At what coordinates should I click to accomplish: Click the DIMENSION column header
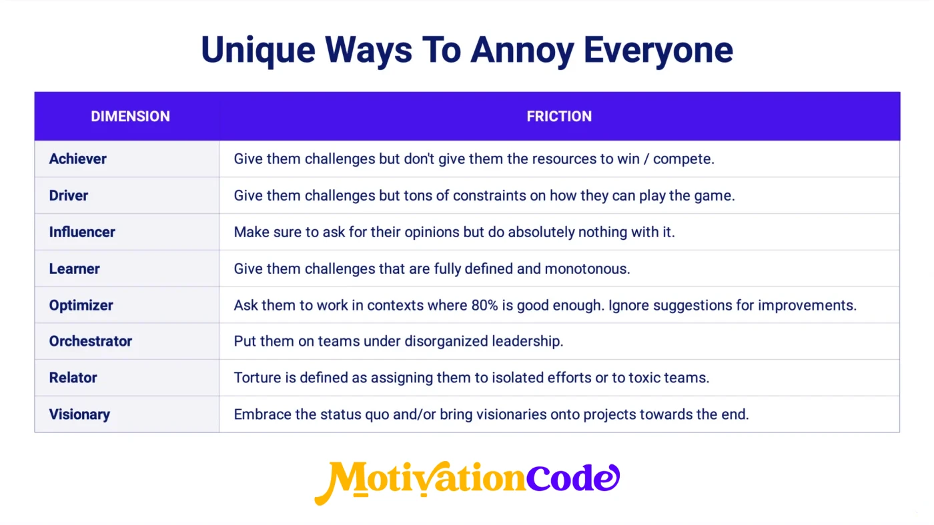click(130, 116)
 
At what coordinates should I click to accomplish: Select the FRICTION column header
click(559, 116)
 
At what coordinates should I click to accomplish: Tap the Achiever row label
click(77, 159)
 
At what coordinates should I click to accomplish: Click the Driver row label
click(68, 195)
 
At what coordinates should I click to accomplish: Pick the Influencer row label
click(81, 232)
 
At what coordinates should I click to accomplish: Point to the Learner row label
click(74, 268)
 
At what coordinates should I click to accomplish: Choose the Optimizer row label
click(81, 305)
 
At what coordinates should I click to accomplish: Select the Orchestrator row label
click(91, 341)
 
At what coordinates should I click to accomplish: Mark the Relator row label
click(73, 378)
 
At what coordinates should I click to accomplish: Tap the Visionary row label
click(79, 414)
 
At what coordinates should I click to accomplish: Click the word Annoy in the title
click(522, 51)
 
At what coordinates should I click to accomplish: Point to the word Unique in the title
click(258, 50)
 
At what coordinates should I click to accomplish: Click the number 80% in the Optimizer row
click(484, 305)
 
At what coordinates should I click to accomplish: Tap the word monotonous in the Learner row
click(587, 268)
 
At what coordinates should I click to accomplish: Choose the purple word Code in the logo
click(573, 478)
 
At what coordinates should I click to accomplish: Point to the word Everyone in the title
click(658, 51)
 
